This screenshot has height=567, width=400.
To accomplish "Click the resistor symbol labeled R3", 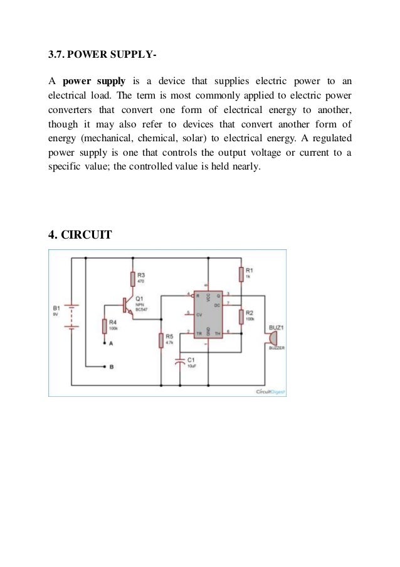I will click(132, 279).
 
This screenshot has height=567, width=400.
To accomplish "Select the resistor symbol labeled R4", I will click(104, 327).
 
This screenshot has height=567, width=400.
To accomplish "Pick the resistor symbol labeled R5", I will click(161, 340).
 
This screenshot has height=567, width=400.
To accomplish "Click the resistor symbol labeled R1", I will click(240, 274).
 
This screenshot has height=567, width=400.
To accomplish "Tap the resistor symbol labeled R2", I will click(240, 315).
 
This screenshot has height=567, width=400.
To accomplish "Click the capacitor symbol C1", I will click(181, 361).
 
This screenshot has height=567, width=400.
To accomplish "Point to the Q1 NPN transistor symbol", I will click(129, 305).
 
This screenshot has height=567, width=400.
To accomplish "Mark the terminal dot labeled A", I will click(104, 344).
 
